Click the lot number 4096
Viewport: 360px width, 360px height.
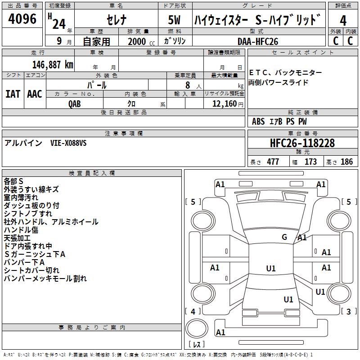pyautogui.click(x=22, y=20)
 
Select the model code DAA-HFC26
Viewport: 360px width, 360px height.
pyautogui.click(x=257, y=41)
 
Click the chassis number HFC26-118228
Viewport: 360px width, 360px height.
pyautogui.click(x=302, y=143)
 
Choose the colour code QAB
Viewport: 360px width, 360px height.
pyautogui.click(x=75, y=103)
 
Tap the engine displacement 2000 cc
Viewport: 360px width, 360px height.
pyautogui.click(x=137, y=41)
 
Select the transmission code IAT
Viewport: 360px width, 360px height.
pyautogui.click(x=13, y=94)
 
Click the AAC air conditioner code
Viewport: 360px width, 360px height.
pyautogui.click(x=34, y=94)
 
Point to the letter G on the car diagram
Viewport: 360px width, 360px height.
pyautogui.click(x=284, y=237)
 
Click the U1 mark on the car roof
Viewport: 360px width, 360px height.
pyautogui.click(x=271, y=268)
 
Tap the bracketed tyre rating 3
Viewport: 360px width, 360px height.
pyautogui.click(x=348, y=311)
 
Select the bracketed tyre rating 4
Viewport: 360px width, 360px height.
pyautogui.click(x=193, y=311)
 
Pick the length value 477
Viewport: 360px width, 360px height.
pyautogui.click(x=273, y=162)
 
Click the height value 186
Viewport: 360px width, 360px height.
pyautogui.click(x=346, y=162)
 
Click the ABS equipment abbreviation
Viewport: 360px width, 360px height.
pyautogui.click(x=258, y=121)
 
